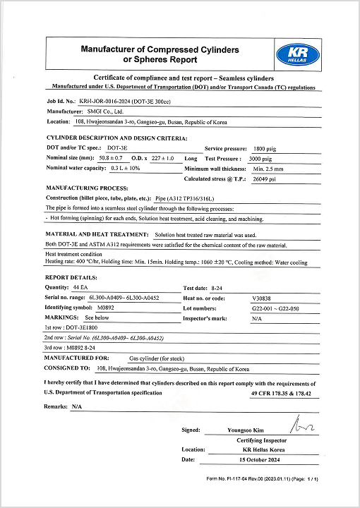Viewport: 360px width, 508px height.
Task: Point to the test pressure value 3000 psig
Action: pyautogui.click(x=265, y=159)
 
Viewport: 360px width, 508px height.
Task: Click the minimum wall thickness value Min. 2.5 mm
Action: pyautogui.click(x=268, y=169)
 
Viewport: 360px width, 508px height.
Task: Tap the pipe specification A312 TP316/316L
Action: pyautogui.click(x=193, y=199)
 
